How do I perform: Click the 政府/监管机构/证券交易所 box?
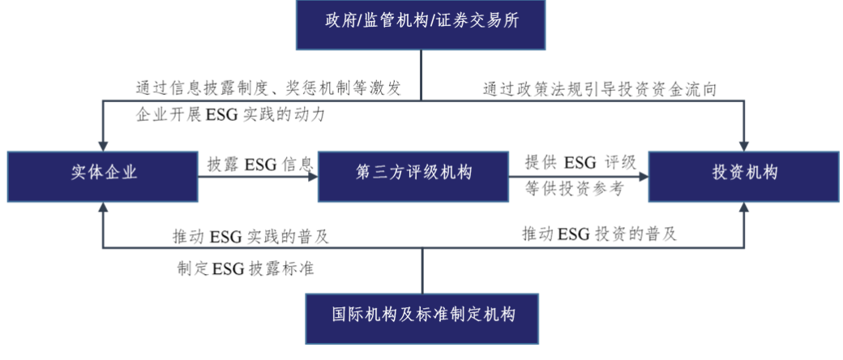click(420, 24)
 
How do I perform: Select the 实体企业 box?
click(102, 176)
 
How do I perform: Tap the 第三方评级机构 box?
click(413, 176)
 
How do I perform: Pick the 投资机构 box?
click(743, 176)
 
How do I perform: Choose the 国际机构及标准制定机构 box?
click(421, 319)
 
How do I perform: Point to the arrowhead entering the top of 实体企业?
click(102, 146)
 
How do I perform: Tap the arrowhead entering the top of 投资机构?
click(743, 146)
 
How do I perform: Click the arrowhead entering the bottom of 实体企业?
click(102, 208)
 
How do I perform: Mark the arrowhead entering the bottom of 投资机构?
click(743, 208)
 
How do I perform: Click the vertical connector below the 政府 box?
click(421, 75)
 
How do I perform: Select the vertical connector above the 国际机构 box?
click(421, 271)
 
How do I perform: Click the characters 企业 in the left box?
click(122, 173)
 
